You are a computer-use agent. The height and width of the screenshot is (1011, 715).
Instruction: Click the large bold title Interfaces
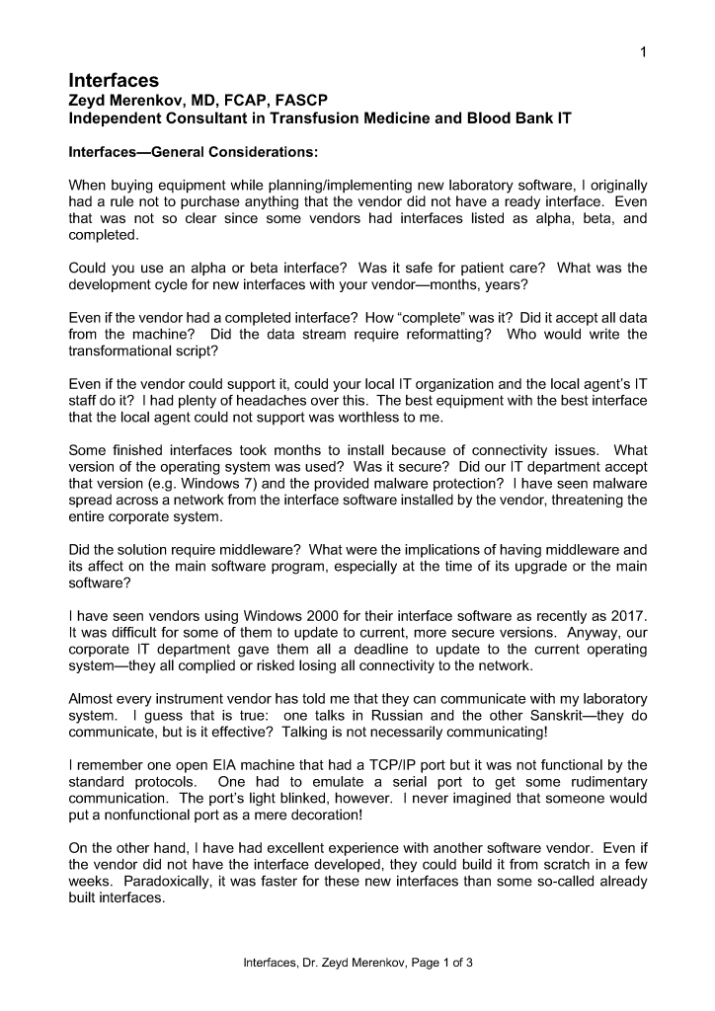pos(114,79)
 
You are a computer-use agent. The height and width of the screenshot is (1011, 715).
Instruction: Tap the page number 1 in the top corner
pos(642,51)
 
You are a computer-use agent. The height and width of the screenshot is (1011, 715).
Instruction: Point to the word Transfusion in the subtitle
pos(360,118)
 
